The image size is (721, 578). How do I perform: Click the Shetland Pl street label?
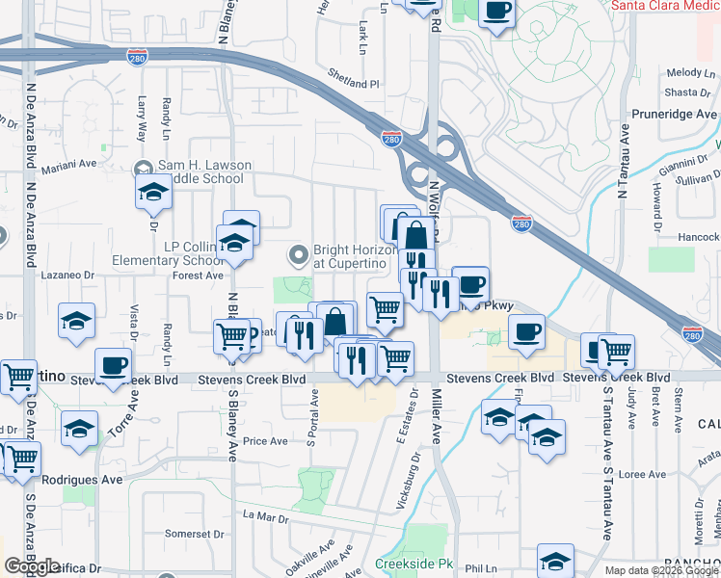[353, 84]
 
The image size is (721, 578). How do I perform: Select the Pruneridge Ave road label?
[675, 114]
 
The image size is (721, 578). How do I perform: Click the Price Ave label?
[265, 441]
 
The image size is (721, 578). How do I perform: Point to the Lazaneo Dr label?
[67, 275]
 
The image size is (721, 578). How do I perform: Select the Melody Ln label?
[685, 73]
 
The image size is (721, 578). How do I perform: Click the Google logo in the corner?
[32, 566]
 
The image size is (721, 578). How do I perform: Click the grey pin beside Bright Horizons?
[298, 256]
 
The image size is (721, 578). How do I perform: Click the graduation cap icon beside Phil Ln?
[556, 560]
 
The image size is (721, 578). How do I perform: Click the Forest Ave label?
[197, 275]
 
